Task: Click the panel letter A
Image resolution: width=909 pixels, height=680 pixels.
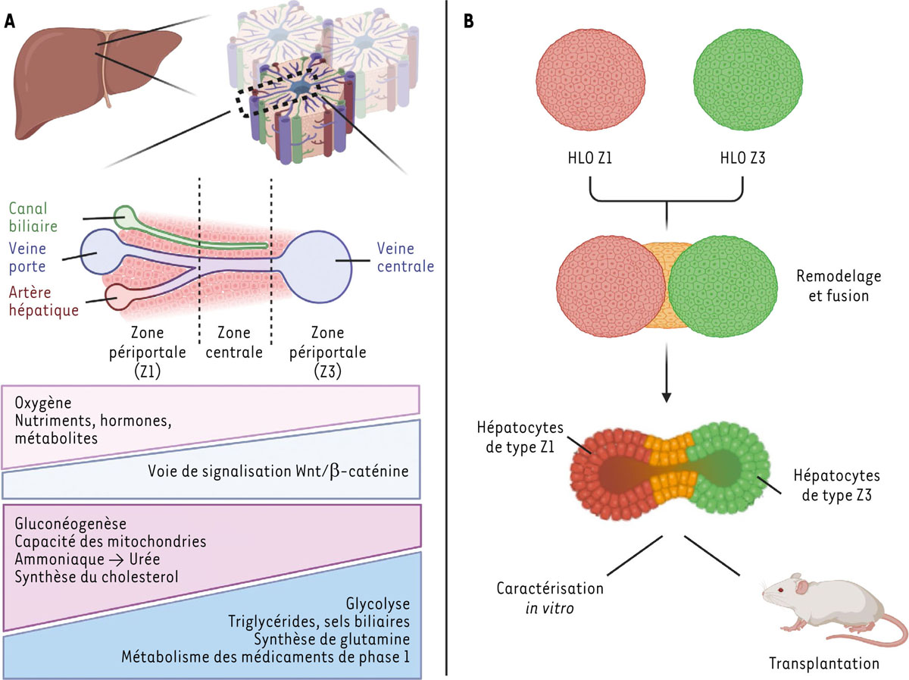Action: click(11, 21)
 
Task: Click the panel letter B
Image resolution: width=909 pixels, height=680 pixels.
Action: click(470, 21)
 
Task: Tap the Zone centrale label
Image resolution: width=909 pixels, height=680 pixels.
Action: click(235, 343)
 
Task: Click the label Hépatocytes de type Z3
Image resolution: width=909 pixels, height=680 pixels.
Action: click(836, 485)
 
